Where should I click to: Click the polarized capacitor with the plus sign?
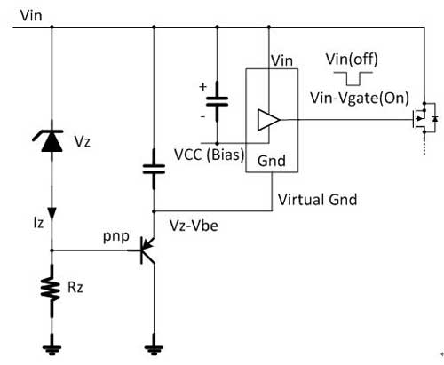(217, 101)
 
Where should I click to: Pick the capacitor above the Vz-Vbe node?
(154, 169)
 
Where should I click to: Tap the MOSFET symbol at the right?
(425, 118)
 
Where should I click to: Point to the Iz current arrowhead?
(52, 213)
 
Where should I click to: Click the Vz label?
(83, 141)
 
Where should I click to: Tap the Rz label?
(75, 287)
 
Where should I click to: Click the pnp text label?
(116, 237)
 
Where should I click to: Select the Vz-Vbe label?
(194, 226)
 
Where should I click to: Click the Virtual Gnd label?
(317, 200)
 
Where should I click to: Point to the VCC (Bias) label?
(210, 155)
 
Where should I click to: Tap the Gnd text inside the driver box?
(272, 161)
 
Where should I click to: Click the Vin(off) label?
(352, 60)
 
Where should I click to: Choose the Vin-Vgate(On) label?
(360, 98)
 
